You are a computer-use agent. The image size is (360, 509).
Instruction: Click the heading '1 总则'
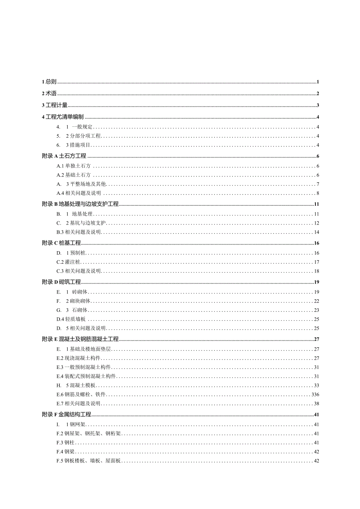49,82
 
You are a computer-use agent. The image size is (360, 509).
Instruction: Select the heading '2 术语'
49,94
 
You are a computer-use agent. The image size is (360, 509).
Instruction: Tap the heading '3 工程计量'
55,105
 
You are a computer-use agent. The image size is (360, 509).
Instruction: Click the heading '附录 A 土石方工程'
64,156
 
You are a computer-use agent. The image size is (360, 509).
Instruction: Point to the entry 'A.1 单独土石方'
74,166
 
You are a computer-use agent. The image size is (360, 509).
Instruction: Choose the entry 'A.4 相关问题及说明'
79,193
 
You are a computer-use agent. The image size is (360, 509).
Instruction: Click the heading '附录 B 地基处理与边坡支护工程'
80,204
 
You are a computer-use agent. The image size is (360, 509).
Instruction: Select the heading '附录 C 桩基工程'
61,243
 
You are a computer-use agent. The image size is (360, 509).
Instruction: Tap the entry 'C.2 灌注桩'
68,262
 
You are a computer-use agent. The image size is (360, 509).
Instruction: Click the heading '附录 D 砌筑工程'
61,282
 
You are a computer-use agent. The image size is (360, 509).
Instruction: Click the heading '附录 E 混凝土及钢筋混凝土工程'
80,339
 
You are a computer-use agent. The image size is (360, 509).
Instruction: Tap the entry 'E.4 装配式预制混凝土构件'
86,376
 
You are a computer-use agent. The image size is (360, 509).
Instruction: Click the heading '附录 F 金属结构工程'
67,414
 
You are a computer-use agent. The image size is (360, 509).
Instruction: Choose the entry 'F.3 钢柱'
65,442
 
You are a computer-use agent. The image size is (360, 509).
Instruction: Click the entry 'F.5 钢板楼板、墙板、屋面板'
88,461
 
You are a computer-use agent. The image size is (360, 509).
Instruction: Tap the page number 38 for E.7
317,403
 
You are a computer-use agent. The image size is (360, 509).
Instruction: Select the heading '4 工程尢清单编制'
63,117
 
